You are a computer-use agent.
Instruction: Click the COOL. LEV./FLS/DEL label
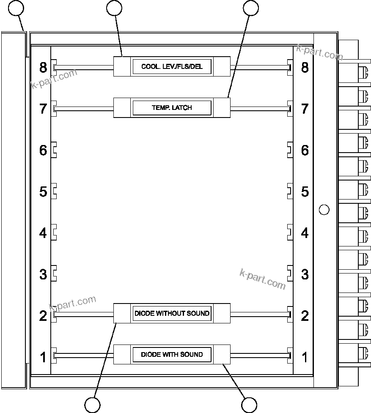[x=172, y=67]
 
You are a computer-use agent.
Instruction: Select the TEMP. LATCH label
[x=172, y=108]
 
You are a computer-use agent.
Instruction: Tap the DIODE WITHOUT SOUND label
[x=172, y=313]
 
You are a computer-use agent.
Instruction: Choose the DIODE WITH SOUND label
[x=172, y=354]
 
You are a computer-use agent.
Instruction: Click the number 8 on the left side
[x=43, y=67]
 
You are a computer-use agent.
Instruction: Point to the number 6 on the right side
[x=305, y=150]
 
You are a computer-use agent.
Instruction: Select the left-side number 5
[x=43, y=191]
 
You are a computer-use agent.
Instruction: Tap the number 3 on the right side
[x=305, y=274]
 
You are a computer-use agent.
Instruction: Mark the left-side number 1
[x=43, y=357]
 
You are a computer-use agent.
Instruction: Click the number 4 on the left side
[x=43, y=233]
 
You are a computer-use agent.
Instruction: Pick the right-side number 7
[x=305, y=109]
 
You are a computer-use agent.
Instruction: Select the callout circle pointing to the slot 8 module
[x=114, y=8]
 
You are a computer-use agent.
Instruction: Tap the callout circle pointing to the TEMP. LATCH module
[x=250, y=8]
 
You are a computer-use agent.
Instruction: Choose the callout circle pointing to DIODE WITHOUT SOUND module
[x=92, y=405]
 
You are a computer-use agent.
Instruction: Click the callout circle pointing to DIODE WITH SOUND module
[x=249, y=405]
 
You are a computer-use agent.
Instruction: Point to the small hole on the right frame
[x=324, y=209]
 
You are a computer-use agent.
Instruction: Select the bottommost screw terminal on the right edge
[x=363, y=353]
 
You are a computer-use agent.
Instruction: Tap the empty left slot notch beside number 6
[x=54, y=150]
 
